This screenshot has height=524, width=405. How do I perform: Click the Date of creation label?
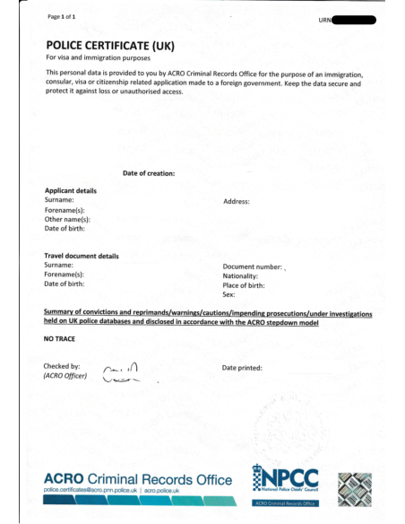click(148, 172)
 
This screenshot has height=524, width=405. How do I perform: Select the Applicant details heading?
click(71, 191)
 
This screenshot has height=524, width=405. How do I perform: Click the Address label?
click(236, 202)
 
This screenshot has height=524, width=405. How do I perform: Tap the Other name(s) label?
click(67, 219)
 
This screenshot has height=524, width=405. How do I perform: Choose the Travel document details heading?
click(82, 257)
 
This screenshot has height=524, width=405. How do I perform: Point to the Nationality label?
click(241, 275)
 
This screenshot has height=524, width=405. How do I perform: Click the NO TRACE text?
click(60, 341)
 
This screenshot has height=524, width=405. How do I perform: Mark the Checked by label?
click(62, 366)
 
